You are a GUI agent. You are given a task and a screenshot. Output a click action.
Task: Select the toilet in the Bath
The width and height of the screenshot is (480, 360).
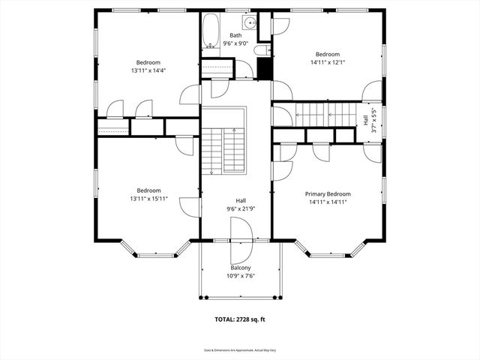(259, 51)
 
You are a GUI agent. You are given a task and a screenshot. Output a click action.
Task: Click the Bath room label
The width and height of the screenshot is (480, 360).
(235, 35)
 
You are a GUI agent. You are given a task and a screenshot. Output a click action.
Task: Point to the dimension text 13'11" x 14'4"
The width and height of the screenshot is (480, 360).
(148, 71)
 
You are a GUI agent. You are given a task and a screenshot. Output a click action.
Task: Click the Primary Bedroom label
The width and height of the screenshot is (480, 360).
(328, 193)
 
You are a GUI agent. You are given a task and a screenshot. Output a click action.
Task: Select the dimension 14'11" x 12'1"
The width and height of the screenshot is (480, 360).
(328, 63)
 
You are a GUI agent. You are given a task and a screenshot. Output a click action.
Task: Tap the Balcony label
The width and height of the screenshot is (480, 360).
(240, 268)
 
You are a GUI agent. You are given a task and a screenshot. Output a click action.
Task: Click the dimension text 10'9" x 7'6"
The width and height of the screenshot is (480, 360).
(240, 275)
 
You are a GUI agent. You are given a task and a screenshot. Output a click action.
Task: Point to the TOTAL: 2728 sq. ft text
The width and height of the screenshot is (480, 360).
(240, 319)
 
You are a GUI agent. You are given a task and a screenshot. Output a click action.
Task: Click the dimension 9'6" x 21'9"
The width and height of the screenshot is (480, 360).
(241, 208)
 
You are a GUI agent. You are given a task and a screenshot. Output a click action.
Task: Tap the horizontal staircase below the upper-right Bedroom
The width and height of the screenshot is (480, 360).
(326, 115)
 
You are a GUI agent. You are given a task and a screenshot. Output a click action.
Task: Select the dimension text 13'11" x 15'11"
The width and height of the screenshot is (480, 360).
(148, 199)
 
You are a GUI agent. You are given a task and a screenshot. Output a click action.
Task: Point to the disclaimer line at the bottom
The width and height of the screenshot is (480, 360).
(240, 350)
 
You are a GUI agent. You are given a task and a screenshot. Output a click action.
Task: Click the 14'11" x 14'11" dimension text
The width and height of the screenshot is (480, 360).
(328, 202)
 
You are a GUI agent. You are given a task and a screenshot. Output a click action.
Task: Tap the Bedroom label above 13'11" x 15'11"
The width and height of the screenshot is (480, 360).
(148, 190)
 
